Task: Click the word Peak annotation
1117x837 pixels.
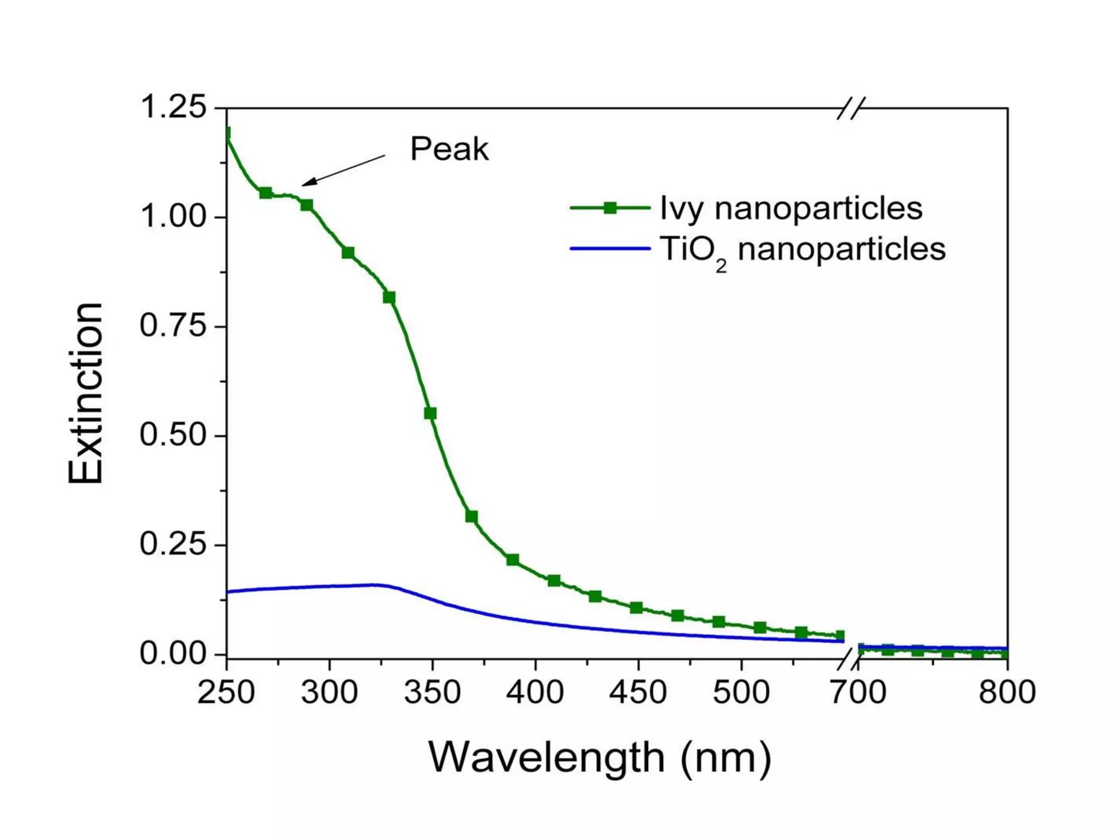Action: (x=449, y=149)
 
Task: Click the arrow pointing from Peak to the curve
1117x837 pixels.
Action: (x=344, y=170)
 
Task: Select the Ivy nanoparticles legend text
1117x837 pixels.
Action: (x=791, y=208)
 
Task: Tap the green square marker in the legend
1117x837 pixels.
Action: (x=610, y=208)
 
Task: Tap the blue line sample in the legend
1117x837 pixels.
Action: (x=610, y=249)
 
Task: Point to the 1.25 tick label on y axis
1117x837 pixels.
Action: (x=173, y=107)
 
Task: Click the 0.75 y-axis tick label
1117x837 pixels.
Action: (x=173, y=326)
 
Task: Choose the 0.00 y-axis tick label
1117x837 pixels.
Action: (x=173, y=653)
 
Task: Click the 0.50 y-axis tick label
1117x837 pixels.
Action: (x=173, y=435)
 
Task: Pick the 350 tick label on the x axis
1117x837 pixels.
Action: (x=433, y=693)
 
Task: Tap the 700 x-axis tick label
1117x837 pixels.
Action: (x=858, y=693)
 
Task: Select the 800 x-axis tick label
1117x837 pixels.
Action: (x=1007, y=693)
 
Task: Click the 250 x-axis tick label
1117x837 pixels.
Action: (x=226, y=693)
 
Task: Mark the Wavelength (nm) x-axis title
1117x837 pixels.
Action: (x=600, y=757)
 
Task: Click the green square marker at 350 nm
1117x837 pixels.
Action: (x=430, y=414)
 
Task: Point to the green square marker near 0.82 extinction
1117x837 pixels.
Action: (x=389, y=298)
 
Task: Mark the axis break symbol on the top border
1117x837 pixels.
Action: (x=851, y=108)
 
